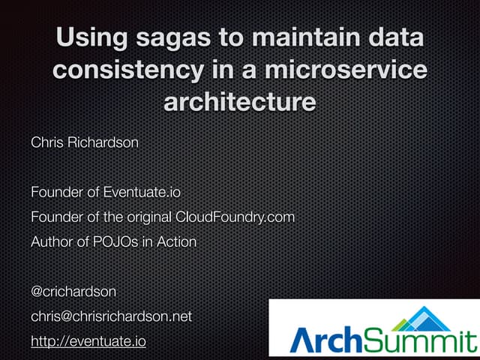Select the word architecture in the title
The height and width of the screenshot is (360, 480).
click(239, 101)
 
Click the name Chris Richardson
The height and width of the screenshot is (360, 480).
click(84, 142)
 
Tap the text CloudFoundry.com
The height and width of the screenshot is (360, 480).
click(235, 217)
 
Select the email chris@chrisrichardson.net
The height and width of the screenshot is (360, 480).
click(111, 316)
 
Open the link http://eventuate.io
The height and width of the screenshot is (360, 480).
click(88, 341)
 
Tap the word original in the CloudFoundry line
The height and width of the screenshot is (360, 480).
click(146, 217)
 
